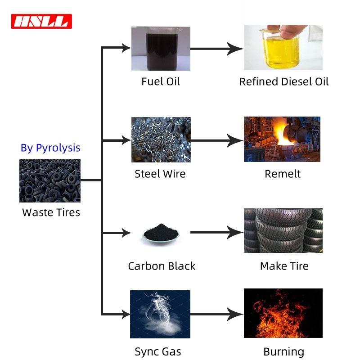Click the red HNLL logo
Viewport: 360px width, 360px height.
[41, 21]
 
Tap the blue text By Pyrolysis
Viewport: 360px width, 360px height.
[50, 148]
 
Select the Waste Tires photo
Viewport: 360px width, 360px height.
[50, 180]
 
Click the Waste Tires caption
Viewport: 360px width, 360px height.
[51, 212]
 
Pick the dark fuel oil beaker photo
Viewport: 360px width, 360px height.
[161, 49]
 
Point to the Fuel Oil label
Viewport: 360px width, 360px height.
[161, 81]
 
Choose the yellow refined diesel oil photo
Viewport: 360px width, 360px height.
[283, 48]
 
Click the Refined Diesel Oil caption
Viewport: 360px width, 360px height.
[284, 81]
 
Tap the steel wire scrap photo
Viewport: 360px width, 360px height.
[161, 139]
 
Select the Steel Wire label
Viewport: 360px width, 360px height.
[160, 174]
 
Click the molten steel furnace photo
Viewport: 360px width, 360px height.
[282, 139]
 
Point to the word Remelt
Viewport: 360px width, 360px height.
[283, 174]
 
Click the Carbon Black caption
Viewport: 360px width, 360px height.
[162, 266]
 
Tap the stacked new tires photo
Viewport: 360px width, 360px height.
[283, 230]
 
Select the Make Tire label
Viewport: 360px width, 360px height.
[284, 266]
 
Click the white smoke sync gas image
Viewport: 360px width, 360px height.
[160, 314]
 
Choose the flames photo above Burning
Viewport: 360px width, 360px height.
[283, 313]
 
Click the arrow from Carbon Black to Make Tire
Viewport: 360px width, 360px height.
[216, 233]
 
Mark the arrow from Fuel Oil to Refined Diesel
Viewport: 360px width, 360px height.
[216, 49]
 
